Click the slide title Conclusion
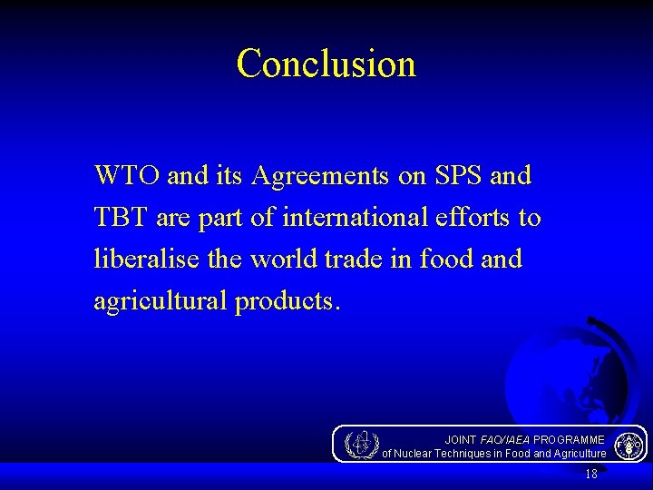click(x=326, y=64)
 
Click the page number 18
click(x=591, y=475)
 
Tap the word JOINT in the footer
click(x=460, y=439)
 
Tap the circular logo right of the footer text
click(x=629, y=446)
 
